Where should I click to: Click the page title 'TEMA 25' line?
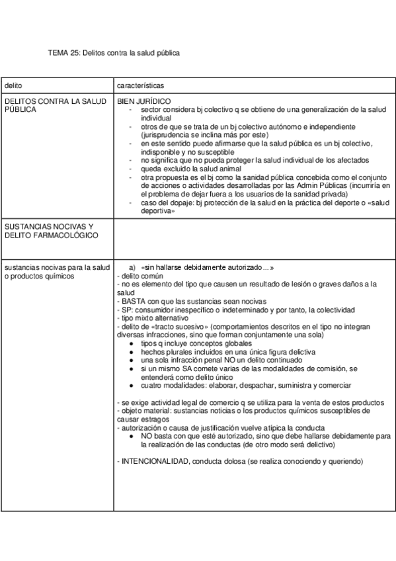[x=114, y=52]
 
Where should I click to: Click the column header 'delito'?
[x=13, y=86]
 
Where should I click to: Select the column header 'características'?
[x=140, y=86]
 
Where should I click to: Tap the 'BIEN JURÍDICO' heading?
[x=143, y=101]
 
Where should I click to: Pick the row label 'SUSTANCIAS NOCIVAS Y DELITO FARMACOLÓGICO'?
[x=50, y=231]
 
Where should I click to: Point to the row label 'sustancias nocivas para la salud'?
[x=56, y=267]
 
